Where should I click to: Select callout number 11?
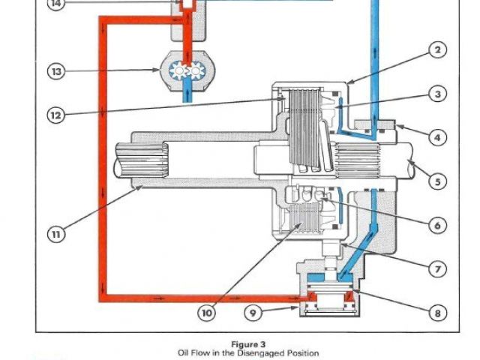coord(56,234)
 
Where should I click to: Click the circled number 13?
coord(56,71)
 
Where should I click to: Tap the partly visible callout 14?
coord(56,4)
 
